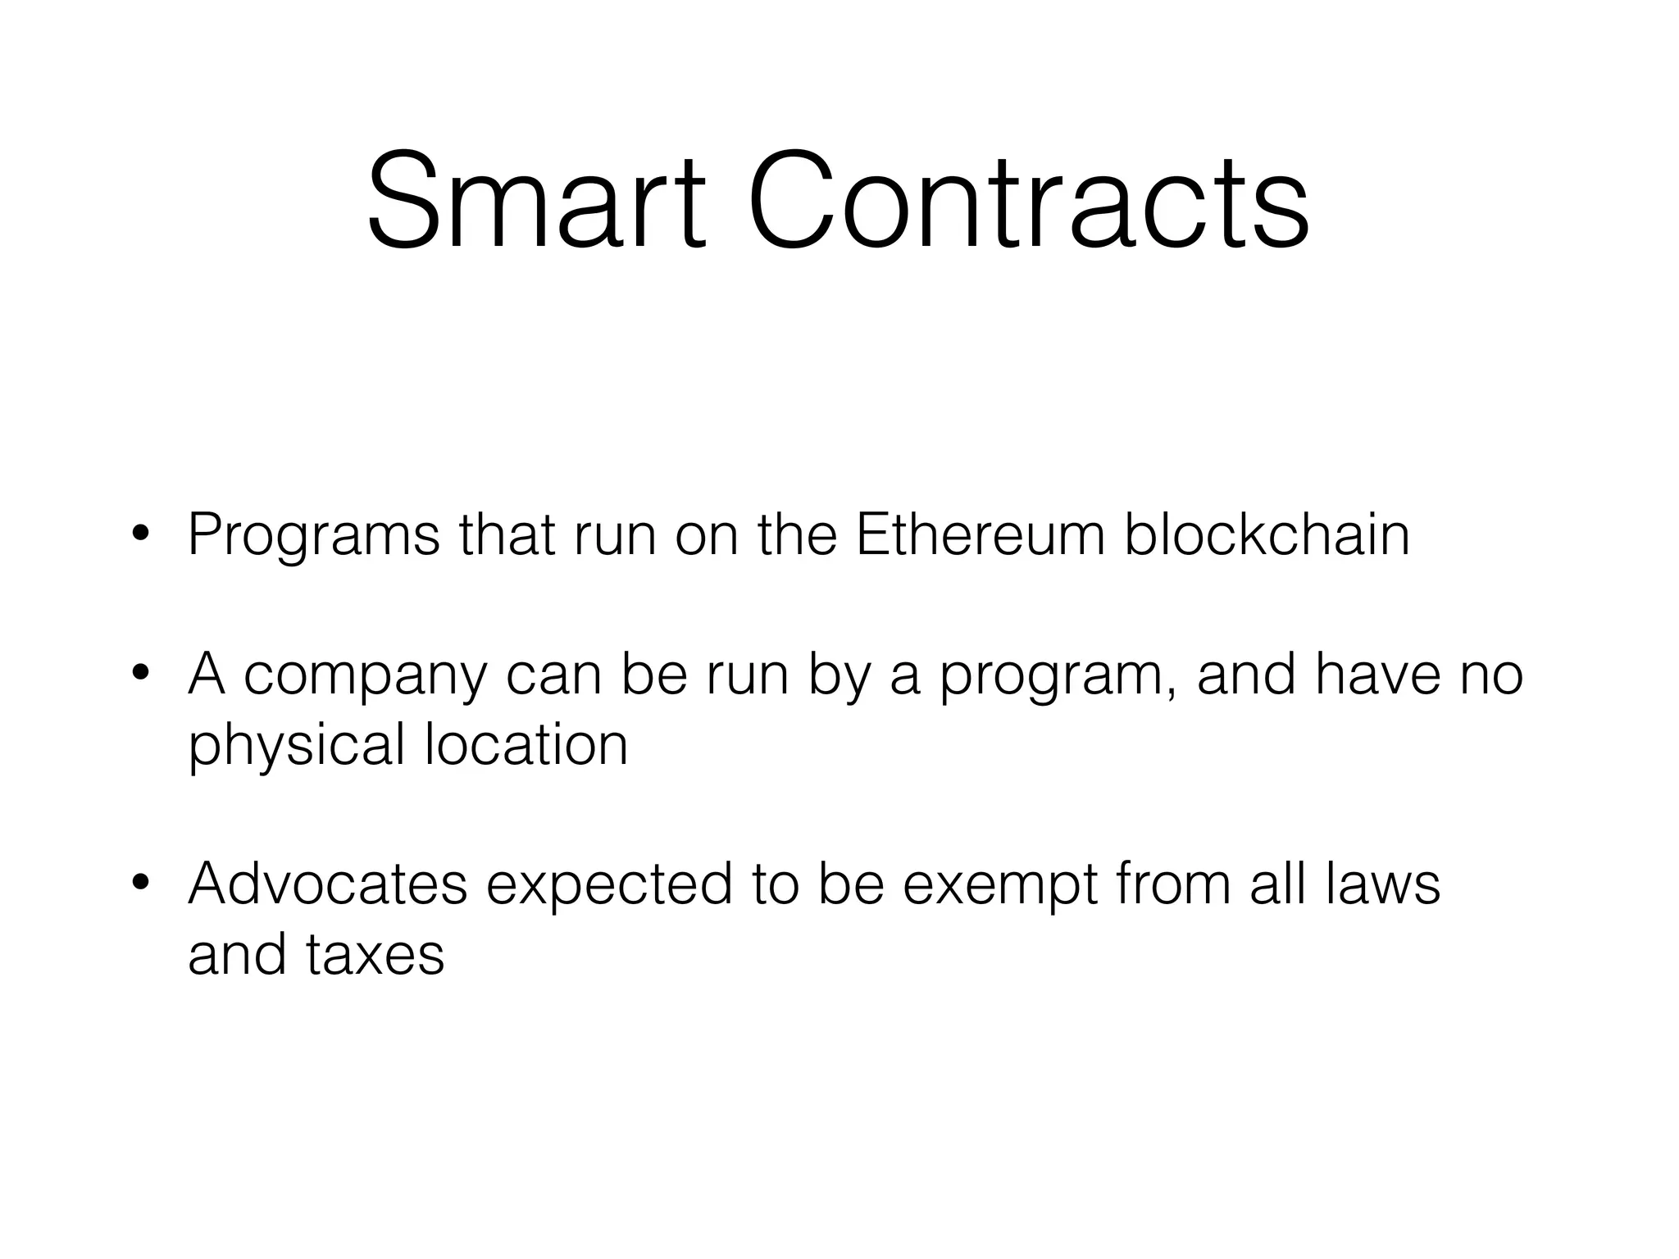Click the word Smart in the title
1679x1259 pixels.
coord(535,200)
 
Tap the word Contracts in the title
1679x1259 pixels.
coord(1028,200)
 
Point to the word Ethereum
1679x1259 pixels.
coord(979,534)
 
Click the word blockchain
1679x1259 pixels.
coord(1267,534)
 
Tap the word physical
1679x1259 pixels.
coord(297,746)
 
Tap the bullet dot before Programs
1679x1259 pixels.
coord(140,535)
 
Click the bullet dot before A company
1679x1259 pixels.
coord(140,675)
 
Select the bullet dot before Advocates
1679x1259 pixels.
coord(140,884)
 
